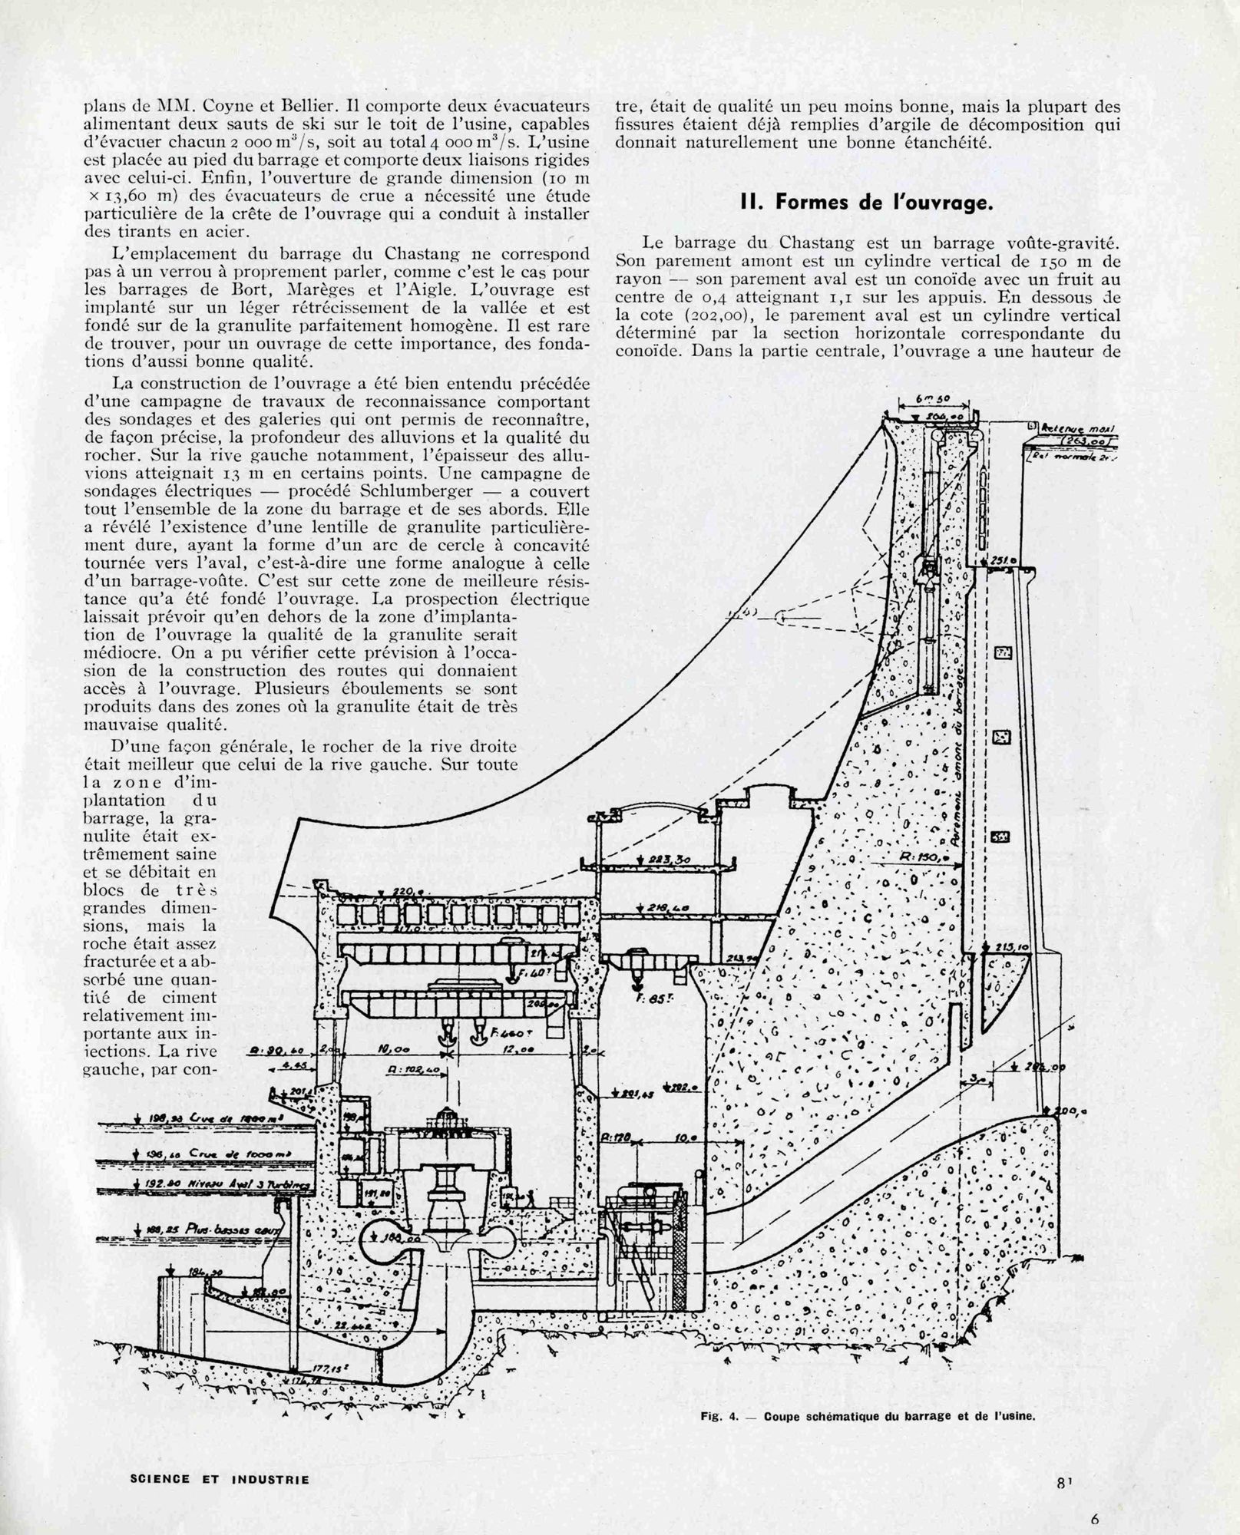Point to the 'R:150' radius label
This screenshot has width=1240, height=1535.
point(918,858)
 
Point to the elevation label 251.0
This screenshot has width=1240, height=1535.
point(1002,561)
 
